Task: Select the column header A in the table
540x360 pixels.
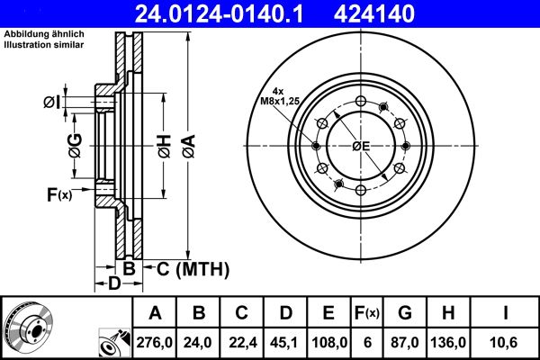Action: pos(155,313)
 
